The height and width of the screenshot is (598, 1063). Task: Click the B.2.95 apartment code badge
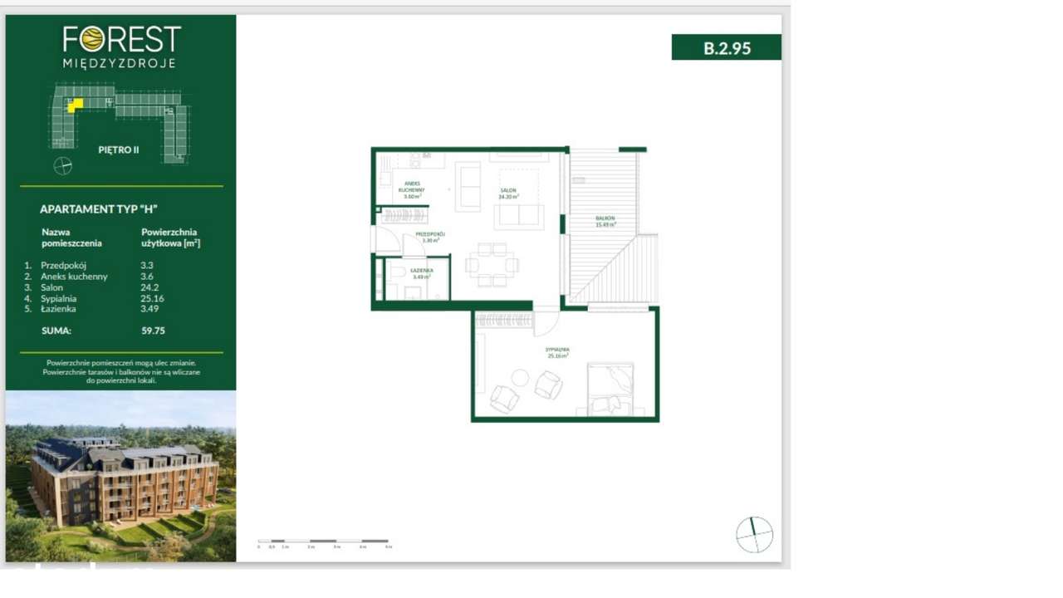point(726,47)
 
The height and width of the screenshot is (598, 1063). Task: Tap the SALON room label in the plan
point(508,194)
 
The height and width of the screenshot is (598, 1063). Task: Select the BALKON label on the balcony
point(605,221)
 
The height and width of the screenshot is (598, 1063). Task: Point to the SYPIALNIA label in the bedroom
point(557,353)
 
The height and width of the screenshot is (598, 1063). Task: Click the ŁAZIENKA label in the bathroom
point(422,273)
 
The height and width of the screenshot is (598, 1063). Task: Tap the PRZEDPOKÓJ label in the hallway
point(430,237)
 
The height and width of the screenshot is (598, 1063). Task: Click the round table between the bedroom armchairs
point(520,379)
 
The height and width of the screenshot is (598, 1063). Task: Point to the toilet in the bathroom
point(396,272)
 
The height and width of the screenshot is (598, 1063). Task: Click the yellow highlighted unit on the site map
point(75,105)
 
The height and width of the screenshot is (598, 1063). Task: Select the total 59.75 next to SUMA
point(153,331)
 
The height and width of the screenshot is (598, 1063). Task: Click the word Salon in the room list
point(51,287)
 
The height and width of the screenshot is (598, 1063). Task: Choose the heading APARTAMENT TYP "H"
point(98,209)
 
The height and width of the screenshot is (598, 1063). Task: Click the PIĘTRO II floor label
point(119,150)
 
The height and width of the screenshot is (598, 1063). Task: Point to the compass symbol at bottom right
point(754,534)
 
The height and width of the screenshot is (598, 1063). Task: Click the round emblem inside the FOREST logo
point(92,38)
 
